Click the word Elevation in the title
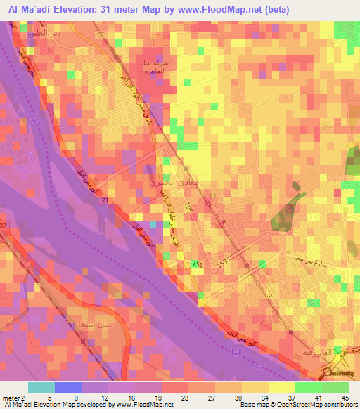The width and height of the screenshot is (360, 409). pyautogui.click(x=82, y=9)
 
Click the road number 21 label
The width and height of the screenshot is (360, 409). pyautogui.click(x=105, y=202)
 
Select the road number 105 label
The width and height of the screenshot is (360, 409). pyautogui.click(x=188, y=208)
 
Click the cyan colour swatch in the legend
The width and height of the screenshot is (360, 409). pyautogui.click(x=41, y=387)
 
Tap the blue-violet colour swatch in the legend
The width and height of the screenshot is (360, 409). pyautogui.click(x=68, y=387)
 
